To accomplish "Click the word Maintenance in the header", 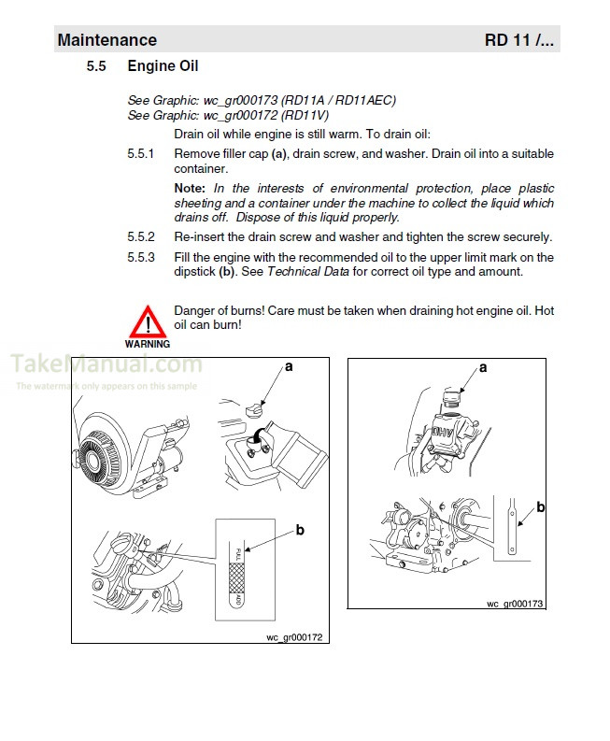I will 106,40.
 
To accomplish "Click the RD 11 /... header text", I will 518,40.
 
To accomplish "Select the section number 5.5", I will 97,66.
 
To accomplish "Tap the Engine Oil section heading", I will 163,66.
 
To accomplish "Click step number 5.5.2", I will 141,236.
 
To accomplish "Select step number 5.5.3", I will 141,257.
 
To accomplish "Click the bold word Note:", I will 192,188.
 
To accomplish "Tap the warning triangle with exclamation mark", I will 147,321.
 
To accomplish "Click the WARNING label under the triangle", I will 147,344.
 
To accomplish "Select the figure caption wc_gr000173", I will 514,604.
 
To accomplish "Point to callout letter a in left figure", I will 289,367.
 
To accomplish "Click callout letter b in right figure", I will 540,507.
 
